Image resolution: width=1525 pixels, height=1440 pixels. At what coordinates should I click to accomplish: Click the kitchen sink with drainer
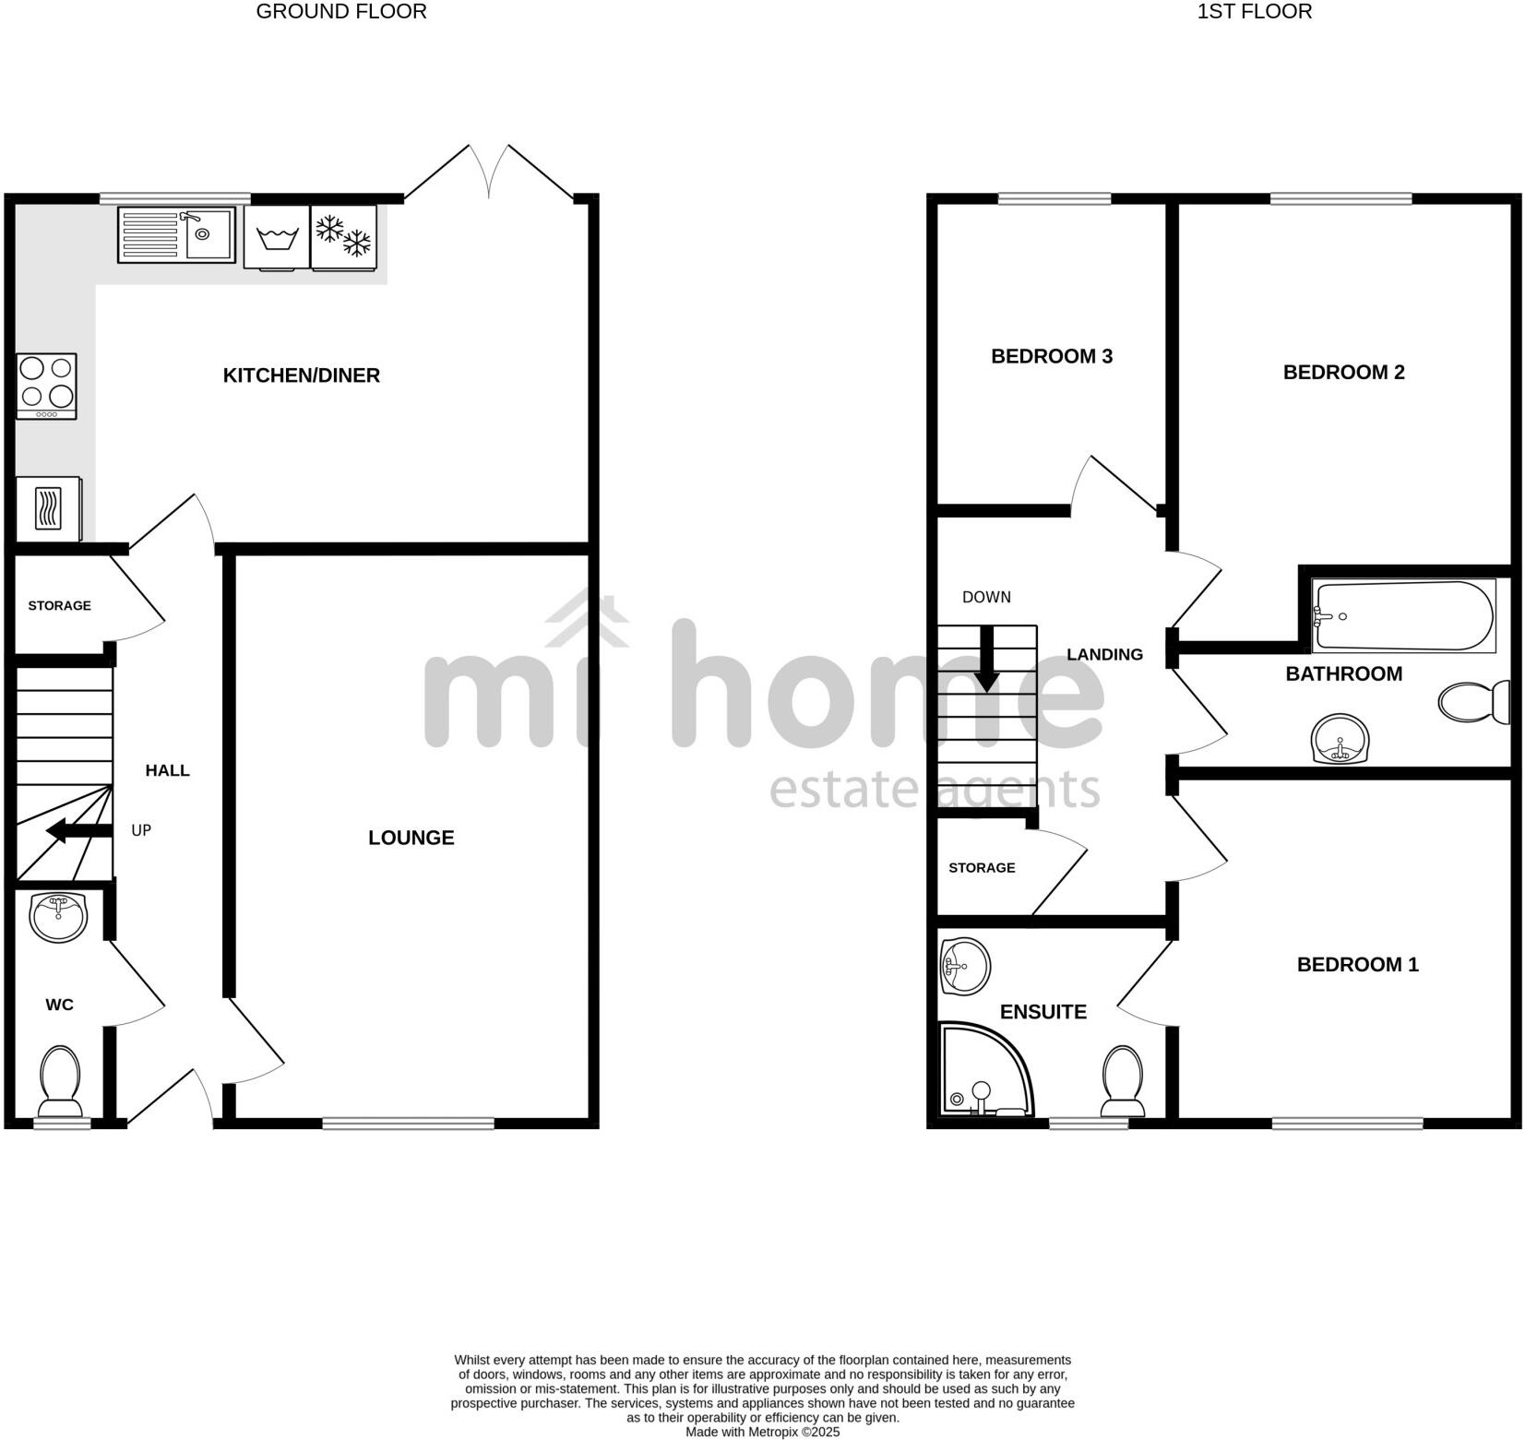point(176,234)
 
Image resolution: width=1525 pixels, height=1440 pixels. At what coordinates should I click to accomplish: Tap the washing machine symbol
point(277,238)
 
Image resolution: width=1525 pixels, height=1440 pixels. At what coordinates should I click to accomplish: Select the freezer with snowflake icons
point(343,237)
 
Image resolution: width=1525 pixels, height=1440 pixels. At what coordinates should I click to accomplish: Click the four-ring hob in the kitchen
point(47,386)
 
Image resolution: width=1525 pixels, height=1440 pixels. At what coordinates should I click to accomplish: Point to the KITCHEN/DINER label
point(301,375)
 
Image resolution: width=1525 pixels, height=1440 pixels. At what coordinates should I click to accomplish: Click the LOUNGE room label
point(411,838)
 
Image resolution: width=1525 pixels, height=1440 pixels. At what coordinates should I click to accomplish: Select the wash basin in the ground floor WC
point(58,916)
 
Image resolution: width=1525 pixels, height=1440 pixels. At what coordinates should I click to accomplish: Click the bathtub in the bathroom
point(1402,615)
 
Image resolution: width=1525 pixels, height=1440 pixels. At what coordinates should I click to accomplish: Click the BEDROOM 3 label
point(1051,356)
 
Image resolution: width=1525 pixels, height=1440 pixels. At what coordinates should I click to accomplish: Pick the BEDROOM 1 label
point(1357,965)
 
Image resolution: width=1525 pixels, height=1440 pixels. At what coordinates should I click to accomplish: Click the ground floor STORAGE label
point(59,606)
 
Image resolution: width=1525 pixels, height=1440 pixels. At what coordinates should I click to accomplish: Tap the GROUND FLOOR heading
point(340,12)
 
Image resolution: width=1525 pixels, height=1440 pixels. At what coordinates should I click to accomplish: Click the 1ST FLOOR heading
point(1254,12)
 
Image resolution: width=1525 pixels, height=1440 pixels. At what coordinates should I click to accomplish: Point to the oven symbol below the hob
point(48,508)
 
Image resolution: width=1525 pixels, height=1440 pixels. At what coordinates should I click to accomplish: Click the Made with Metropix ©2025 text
point(762,1433)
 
